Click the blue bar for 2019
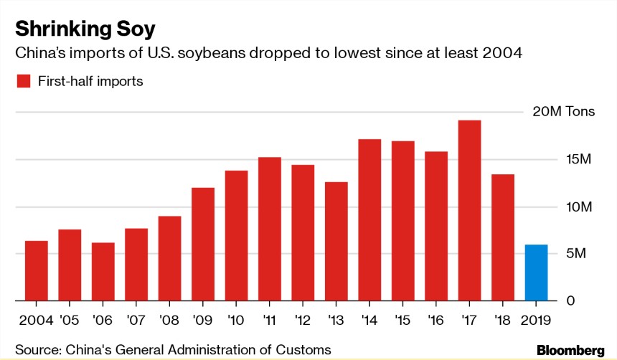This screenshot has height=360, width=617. (x=536, y=273)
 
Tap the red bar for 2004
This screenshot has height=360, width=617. (x=37, y=270)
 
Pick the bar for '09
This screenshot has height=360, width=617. (x=203, y=244)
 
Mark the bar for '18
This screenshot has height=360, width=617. (x=502, y=237)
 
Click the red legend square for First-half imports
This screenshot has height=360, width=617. (x=23, y=81)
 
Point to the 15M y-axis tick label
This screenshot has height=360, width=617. (x=560, y=159)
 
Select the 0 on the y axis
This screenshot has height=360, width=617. (x=551, y=300)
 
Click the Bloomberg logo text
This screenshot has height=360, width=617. (x=570, y=350)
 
